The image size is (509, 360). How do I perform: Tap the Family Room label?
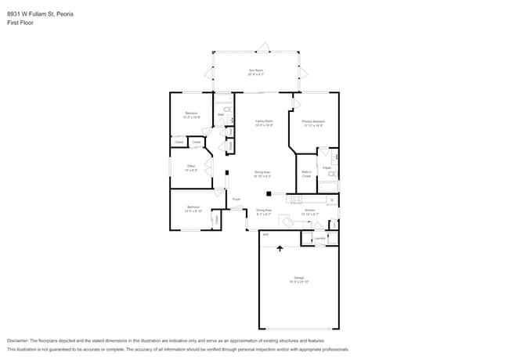264,122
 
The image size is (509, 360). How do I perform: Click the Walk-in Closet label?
307,175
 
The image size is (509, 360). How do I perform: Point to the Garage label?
299,279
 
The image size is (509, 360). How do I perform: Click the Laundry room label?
319,237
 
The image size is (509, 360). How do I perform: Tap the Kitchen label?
309,211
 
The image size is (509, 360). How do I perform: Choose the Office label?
190,167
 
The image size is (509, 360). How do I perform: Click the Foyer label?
236,200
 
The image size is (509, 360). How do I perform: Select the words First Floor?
20,23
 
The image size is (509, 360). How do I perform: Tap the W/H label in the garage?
265,234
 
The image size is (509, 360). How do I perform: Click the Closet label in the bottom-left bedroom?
217,221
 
